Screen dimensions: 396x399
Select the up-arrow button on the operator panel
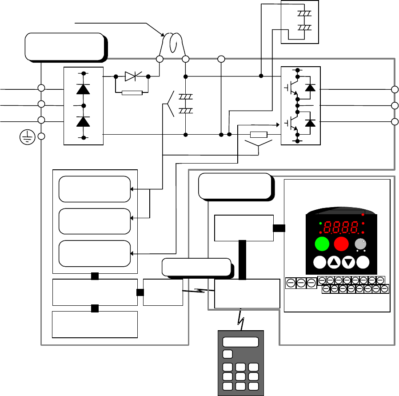click(x=334, y=263)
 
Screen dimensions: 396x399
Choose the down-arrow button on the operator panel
click(x=349, y=263)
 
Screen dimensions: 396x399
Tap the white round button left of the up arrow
click(x=319, y=263)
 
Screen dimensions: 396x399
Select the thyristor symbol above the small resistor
click(x=132, y=76)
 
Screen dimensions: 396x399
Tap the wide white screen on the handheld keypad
click(x=240, y=342)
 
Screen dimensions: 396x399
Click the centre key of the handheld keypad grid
click(x=240, y=376)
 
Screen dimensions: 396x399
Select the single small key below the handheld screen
click(x=227, y=354)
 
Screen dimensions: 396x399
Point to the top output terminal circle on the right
click(x=395, y=89)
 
